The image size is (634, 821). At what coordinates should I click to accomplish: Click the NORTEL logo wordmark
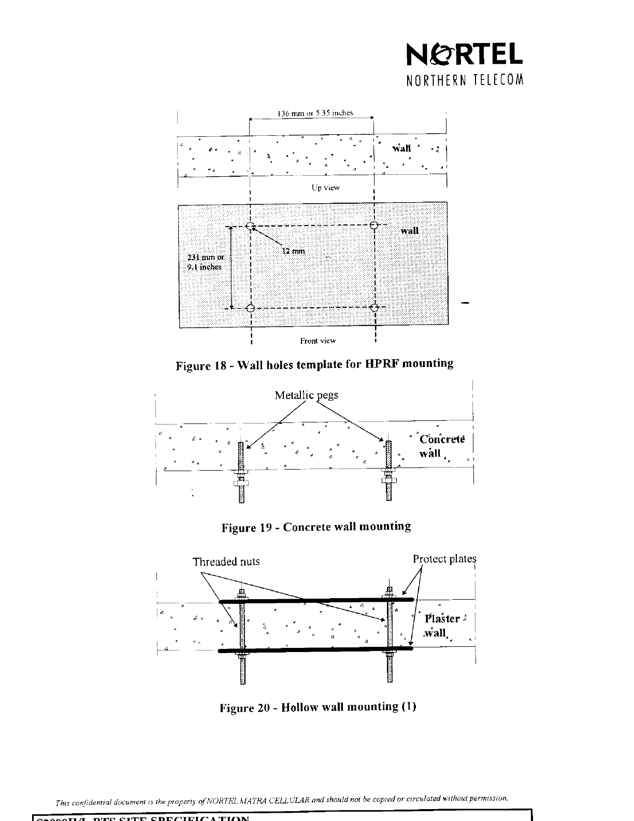click(x=465, y=54)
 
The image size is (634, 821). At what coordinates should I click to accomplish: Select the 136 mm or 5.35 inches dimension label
click(x=315, y=113)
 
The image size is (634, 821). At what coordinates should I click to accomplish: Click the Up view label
click(x=325, y=188)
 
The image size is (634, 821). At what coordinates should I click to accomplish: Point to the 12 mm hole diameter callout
click(x=293, y=251)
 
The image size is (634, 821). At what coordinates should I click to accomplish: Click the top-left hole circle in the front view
click(x=250, y=226)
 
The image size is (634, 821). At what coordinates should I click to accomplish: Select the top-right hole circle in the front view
click(x=375, y=225)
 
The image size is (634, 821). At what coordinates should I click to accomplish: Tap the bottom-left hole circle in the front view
click(x=250, y=308)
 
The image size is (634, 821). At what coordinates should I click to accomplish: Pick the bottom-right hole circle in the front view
click(x=376, y=307)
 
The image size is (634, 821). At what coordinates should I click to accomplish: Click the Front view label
click(x=318, y=341)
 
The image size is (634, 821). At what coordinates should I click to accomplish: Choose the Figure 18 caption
click(x=315, y=364)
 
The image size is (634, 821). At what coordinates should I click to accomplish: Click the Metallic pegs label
click(x=306, y=395)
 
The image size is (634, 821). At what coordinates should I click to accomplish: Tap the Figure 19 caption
click(x=316, y=527)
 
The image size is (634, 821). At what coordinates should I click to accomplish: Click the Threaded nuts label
click(x=226, y=562)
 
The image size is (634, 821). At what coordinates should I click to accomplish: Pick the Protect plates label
click(x=444, y=559)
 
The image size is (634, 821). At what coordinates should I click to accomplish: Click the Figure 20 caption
click(x=318, y=707)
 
